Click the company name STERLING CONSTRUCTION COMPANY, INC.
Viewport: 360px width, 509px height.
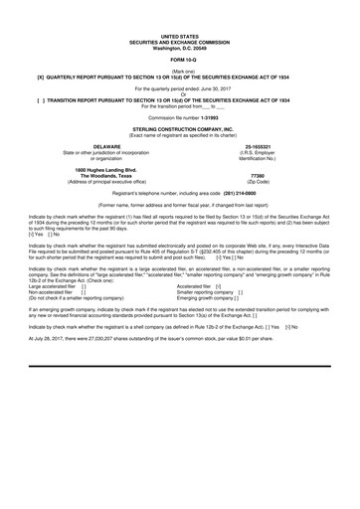click(x=180, y=128)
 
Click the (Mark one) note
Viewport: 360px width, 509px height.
click(x=180, y=72)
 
